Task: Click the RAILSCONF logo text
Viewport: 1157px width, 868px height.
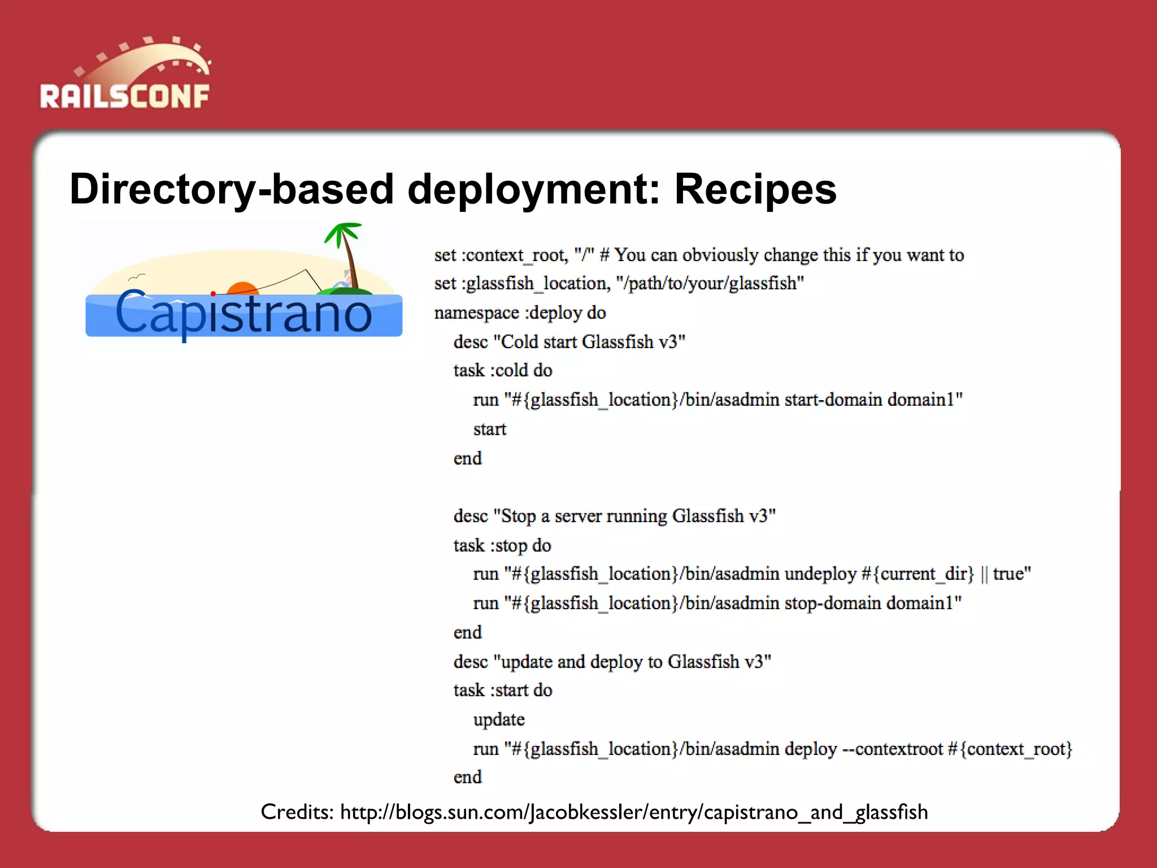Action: (125, 96)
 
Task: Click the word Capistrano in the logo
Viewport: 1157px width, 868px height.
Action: (243, 314)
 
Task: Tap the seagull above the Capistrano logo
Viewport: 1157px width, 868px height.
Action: (136, 277)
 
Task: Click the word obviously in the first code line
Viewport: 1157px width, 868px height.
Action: (720, 255)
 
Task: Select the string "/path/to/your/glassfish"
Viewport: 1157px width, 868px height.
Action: (710, 283)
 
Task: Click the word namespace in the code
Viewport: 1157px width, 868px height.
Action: (476, 313)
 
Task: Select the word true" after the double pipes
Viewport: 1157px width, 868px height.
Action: (1012, 574)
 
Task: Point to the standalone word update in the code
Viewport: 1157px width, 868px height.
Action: (499, 719)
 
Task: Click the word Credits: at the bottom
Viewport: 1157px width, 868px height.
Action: (297, 812)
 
